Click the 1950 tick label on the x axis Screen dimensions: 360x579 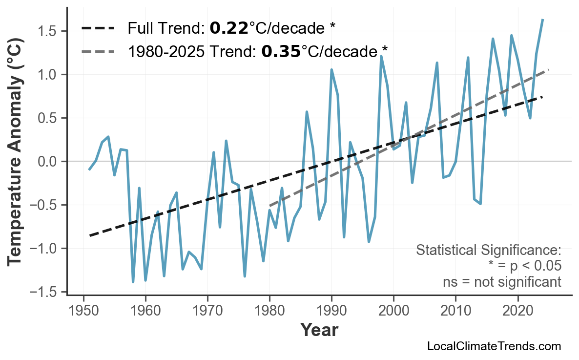[x=83, y=311]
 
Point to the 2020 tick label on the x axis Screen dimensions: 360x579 [x=517, y=311]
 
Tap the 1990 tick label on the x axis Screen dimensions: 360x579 [x=331, y=311]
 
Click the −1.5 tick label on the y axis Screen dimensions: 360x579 [x=45, y=292]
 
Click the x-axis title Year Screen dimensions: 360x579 [x=319, y=330]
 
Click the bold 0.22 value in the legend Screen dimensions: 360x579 [x=228, y=28]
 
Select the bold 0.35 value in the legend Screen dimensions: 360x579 [x=281, y=51]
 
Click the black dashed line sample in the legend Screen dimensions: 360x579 [x=98, y=28]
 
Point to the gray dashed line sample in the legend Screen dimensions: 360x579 [x=98, y=51]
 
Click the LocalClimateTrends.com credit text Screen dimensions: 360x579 [x=494, y=347]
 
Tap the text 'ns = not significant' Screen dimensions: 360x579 [x=502, y=282]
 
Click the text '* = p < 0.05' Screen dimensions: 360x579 [x=524, y=266]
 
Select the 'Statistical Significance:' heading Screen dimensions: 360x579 [x=488, y=251]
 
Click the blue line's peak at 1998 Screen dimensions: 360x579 [x=381, y=56]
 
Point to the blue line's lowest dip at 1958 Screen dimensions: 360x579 [x=133, y=282]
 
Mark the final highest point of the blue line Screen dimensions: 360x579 [x=543, y=20]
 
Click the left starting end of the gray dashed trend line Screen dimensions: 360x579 [x=270, y=206]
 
